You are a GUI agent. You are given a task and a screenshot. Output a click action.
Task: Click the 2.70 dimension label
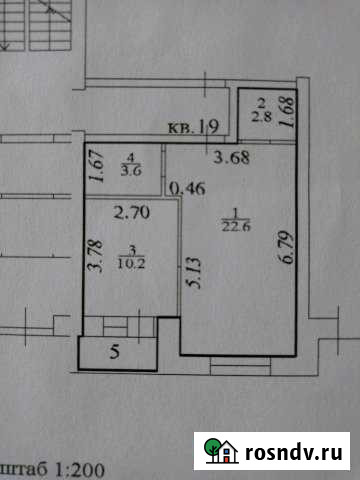[131, 212]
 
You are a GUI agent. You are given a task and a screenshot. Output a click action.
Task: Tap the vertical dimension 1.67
[97, 168]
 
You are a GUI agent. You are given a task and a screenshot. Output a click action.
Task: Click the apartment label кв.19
[194, 127]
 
